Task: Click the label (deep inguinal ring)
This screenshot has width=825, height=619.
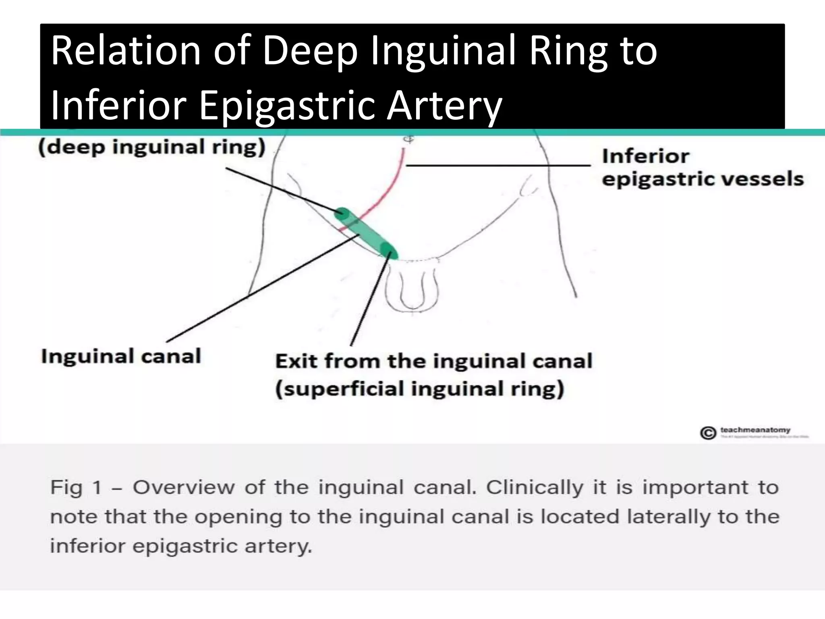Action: click(x=152, y=147)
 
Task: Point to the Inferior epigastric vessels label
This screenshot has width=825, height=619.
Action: click(x=702, y=167)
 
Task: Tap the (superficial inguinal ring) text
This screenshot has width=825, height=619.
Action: click(x=419, y=389)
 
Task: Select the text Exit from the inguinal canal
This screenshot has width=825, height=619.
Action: click(x=433, y=361)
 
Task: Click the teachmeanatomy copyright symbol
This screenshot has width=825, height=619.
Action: click(x=708, y=433)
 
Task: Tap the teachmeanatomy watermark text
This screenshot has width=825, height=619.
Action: click(x=755, y=430)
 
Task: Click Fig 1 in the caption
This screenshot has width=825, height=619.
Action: click(x=76, y=488)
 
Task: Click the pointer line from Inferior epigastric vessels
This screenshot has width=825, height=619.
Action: click(x=498, y=165)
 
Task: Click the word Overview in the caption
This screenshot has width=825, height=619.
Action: click(x=184, y=488)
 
